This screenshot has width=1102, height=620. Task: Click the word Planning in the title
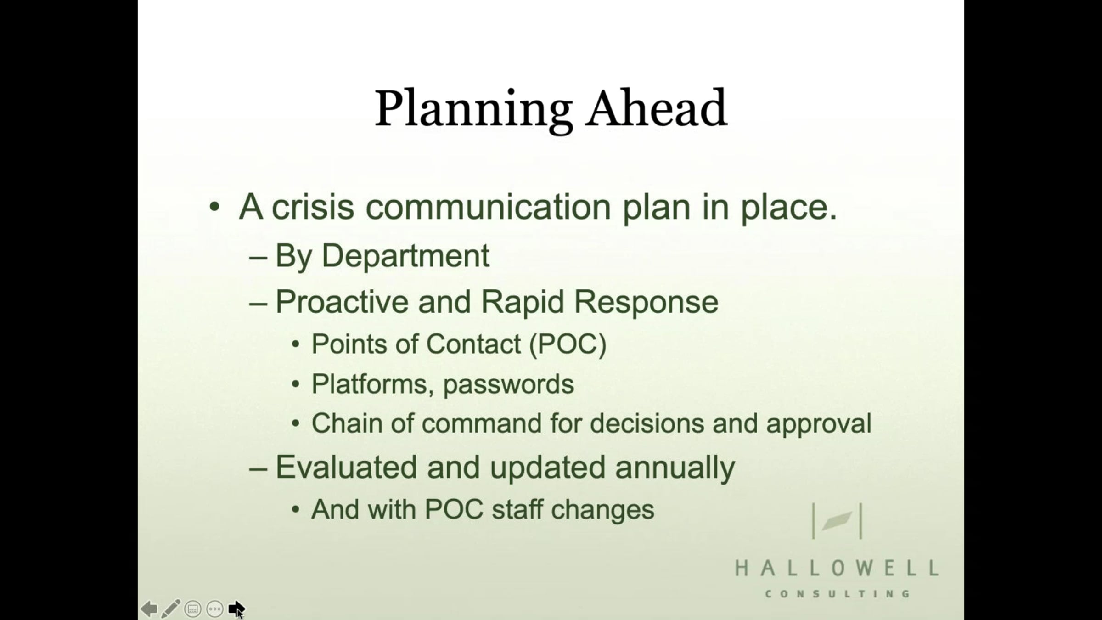click(x=473, y=110)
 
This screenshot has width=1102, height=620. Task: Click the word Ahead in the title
click(x=657, y=108)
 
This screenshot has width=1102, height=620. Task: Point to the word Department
click(x=405, y=256)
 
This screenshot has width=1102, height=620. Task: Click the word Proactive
click(x=342, y=302)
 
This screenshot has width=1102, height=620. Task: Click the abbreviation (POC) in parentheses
click(x=568, y=344)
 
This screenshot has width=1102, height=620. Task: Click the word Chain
click(x=347, y=423)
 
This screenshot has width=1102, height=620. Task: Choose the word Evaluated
click(x=347, y=468)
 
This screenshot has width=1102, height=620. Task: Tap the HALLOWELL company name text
click(x=837, y=569)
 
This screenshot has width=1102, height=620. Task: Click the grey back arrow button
click(x=149, y=609)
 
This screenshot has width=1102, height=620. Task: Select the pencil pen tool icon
click(x=170, y=609)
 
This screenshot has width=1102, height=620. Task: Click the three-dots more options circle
click(x=215, y=609)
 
